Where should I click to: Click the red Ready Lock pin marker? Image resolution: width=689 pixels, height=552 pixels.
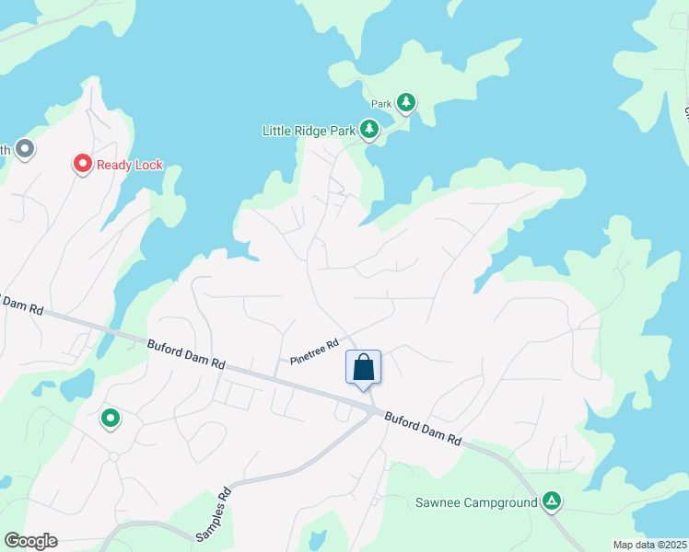pyautogui.click(x=82, y=164)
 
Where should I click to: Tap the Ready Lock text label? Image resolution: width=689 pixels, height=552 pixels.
pyautogui.click(x=130, y=166)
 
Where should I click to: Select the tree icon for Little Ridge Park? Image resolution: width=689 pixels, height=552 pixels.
pyautogui.click(x=369, y=130)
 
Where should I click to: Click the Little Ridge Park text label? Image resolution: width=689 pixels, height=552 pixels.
pyautogui.click(x=309, y=131)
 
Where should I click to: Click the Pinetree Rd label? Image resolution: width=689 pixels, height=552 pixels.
pyautogui.click(x=315, y=350)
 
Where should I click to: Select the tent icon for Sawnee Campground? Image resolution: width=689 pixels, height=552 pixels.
pyautogui.click(x=551, y=501)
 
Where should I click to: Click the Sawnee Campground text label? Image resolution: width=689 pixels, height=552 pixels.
pyautogui.click(x=474, y=502)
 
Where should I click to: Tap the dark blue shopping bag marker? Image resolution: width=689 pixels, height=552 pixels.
pyautogui.click(x=364, y=367)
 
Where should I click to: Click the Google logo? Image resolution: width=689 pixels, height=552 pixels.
pyautogui.click(x=30, y=540)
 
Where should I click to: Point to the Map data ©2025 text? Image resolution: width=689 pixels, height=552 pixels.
pyautogui.click(x=648, y=545)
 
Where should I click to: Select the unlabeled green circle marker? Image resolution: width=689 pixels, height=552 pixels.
pyautogui.click(x=111, y=419)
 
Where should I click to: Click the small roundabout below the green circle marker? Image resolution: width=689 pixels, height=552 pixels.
pyautogui.click(x=114, y=456)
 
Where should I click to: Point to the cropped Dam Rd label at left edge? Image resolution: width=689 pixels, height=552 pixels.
pyautogui.click(x=20, y=305)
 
